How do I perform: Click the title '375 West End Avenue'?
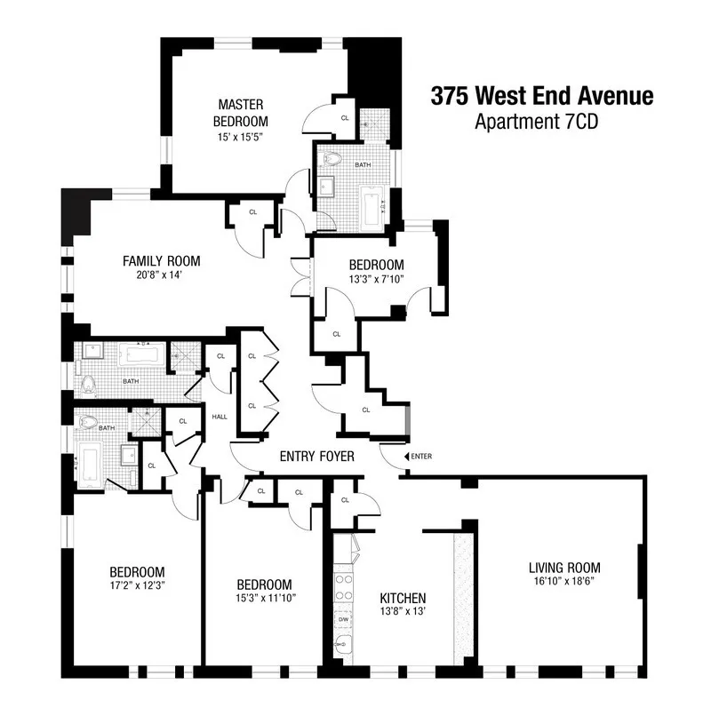point(542,96)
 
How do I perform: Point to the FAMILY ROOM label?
point(161,261)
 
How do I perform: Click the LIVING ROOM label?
point(564,568)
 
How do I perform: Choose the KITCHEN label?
point(402,598)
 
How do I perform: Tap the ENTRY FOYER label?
point(317,457)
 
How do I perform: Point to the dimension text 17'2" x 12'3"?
point(137,585)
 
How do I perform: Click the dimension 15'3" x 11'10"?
point(265,599)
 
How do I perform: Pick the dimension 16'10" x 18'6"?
point(564,583)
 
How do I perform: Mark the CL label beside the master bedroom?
point(344,118)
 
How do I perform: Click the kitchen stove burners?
point(341,587)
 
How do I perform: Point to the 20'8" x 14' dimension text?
point(161,275)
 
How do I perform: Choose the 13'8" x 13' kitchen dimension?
point(402,613)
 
